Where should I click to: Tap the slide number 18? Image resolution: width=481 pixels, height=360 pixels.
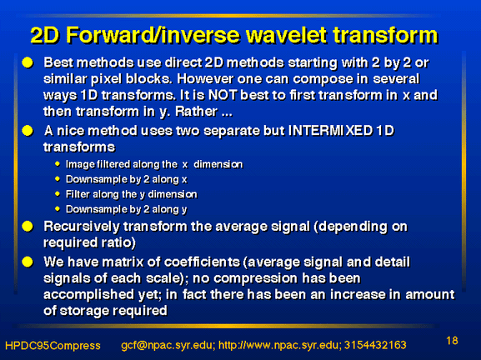pyautogui.click(x=452, y=341)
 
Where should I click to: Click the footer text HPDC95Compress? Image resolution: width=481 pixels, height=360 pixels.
pyautogui.click(x=53, y=346)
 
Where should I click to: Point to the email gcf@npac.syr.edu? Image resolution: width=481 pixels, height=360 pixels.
pyautogui.click(x=167, y=346)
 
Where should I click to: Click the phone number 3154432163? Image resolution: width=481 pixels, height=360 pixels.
pyautogui.click(x=375, y=345)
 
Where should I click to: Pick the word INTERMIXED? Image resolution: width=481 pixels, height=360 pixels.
pyautogui.click(x=330, y=131)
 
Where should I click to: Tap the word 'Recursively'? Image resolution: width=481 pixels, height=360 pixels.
pyautogui.click(x=82, y=227)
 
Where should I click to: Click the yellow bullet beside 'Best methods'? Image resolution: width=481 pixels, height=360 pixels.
pyautogui.click(x=28, y=62)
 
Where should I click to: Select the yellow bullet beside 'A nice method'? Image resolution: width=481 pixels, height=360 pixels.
pyautogui.click(x=28, y=131)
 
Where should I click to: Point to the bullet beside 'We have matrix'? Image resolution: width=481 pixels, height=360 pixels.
pyautogui.click(x=28, y=262)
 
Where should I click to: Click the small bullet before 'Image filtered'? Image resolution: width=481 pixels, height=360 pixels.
pyautogui.click(x=58, y=164)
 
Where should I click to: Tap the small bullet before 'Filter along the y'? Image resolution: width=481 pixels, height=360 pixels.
pyautogui.click(x=58, y=194)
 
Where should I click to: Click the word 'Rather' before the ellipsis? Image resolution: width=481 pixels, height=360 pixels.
pyautogui.click(x=197, y=112)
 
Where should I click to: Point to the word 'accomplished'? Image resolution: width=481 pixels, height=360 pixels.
pyautogui.click(x=88, y=295)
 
